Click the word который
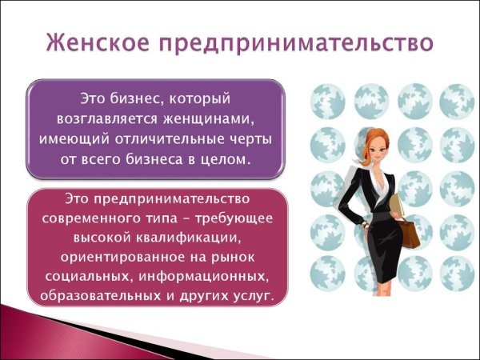click(200, 99)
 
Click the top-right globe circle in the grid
click(456, 101)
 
